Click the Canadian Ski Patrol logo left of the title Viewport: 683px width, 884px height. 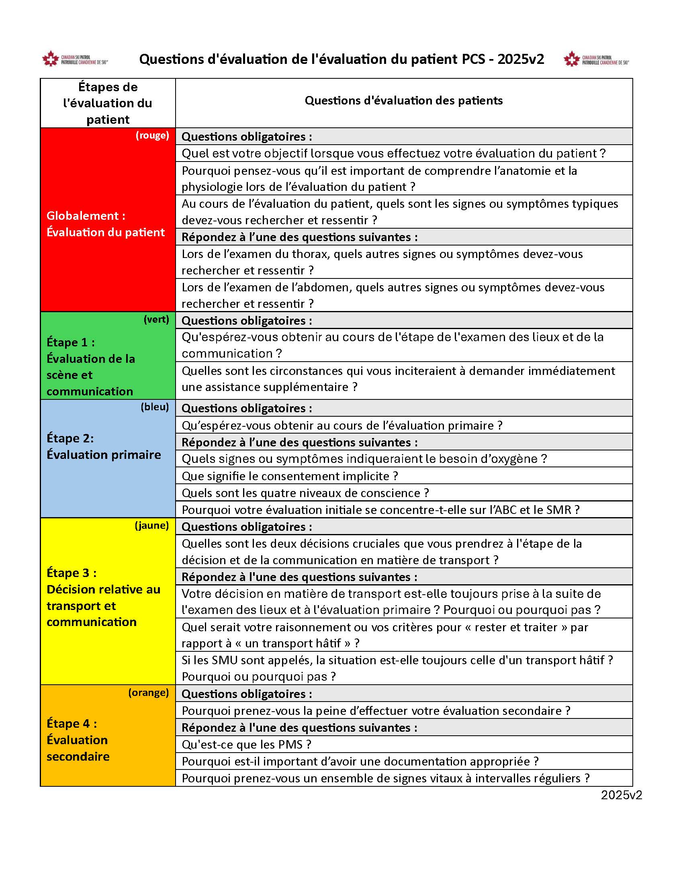75,59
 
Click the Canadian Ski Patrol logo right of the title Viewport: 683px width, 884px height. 595,59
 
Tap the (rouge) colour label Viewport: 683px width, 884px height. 152,135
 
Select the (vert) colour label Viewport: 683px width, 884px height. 156,319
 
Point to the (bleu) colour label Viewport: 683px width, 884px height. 155,407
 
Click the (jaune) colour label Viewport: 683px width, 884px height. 152,526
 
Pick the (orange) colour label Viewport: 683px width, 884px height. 149,693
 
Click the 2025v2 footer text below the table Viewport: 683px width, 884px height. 621,795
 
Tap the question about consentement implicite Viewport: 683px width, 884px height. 290,476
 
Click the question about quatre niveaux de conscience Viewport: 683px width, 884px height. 305,493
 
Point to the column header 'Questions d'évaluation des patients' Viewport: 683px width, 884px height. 403,100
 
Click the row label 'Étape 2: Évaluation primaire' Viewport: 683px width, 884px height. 104,446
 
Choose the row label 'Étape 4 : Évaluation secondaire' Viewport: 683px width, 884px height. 78,740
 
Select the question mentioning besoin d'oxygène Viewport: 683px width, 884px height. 364,459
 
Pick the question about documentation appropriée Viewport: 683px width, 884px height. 360,761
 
